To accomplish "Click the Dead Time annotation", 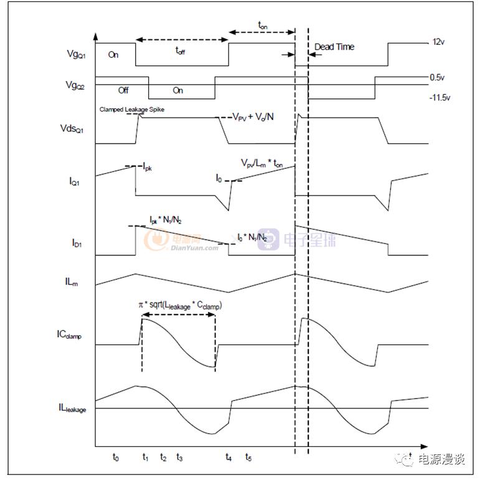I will pyautogui.click(x=334, y=47).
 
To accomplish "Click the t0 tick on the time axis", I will pyautogui.click(x=116, y=458).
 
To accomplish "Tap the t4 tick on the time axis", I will pyautogui.click(x=228, y=458).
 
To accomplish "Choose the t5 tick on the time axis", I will pyautogui.click(x=248, y=458).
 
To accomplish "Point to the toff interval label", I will pyautogui.click(x=179, y=52).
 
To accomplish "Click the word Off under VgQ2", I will pyautogui.click(x=123, y=91).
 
